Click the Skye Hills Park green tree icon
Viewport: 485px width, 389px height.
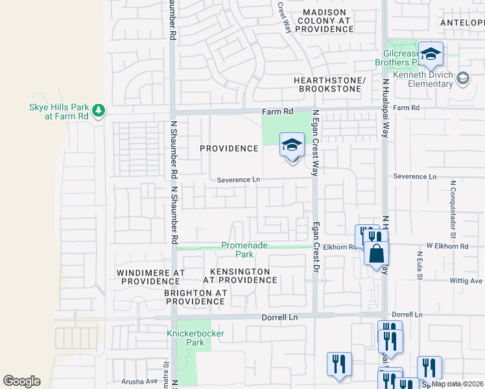coord(98,111)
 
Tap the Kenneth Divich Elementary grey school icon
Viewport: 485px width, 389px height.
coord(463,79)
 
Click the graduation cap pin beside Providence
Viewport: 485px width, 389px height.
coord(292,145)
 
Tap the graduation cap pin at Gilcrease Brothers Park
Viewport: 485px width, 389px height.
coord(430,55)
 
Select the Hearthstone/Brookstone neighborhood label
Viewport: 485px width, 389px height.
coord(330,84)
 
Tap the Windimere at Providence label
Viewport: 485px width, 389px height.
coord(151,277)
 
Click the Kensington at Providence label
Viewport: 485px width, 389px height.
coord(240,276)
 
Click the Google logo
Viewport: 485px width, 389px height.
coord(21,381)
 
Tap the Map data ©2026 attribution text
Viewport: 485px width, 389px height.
coord(457,384)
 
